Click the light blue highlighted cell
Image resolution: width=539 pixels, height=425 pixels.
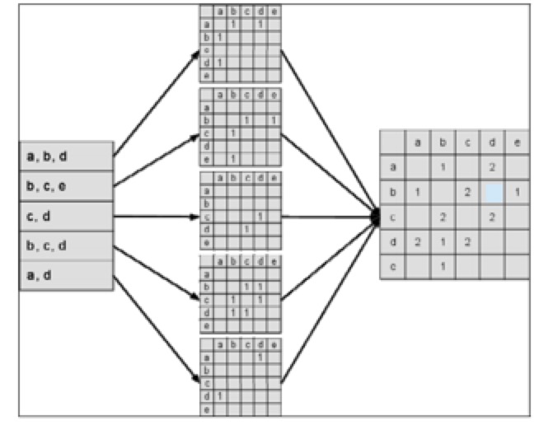pos(492,193)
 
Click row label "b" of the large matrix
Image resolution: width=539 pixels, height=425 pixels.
pos(392,193)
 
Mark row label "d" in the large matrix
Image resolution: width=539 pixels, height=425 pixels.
pos(392,242)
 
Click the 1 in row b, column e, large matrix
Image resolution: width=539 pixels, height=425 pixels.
pos(516,193)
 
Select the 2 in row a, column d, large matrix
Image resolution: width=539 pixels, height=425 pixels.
pos(492,167)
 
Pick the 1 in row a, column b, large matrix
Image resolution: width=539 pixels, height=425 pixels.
pos(443,167)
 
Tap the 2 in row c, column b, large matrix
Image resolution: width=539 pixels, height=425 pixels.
pos(443,217)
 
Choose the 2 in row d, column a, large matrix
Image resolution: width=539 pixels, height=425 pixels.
pos(417,242)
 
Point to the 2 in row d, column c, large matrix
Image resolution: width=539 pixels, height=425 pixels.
pos(466,242)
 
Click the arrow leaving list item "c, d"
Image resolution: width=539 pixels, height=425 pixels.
pos(157,217)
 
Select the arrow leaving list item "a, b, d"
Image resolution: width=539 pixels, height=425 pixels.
pos(157,101)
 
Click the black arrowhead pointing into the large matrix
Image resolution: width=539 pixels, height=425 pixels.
pos(375,217)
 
